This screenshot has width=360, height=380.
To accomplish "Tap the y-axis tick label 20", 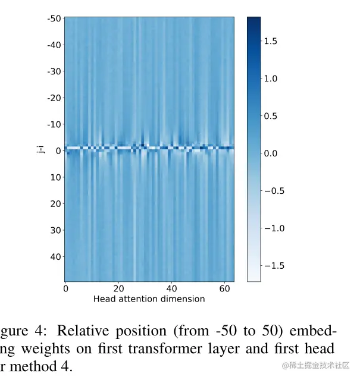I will pos(56,203).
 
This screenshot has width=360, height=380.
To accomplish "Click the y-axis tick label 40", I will pos(56,256).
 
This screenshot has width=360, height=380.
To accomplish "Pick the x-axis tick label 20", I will pos(119,288).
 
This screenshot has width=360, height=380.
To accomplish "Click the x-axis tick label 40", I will pos(171,288).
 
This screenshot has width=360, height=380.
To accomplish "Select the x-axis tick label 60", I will pos(224,288).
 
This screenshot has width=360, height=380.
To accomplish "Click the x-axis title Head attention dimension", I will pos(149,299).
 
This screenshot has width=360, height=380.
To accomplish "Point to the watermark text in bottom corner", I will pos(315,365).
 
